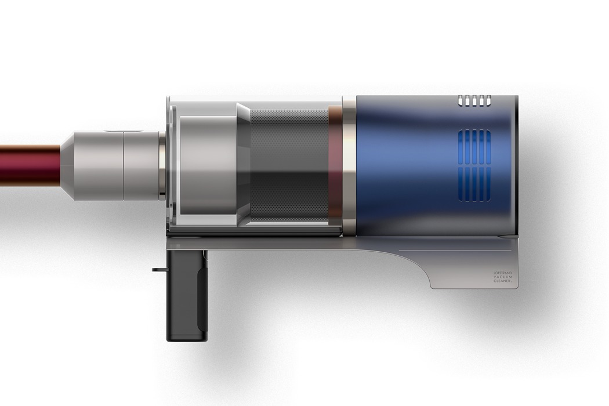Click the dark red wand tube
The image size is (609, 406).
29,165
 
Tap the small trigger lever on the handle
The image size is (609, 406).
159,270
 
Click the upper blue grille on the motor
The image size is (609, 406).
474,146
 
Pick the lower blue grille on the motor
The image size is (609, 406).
474,185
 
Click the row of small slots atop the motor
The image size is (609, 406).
474,100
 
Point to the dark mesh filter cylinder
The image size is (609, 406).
289,165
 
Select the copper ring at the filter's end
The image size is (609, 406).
335,165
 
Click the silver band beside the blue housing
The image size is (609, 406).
349,165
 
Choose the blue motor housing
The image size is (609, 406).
406,165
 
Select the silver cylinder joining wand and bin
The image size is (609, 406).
142,166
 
